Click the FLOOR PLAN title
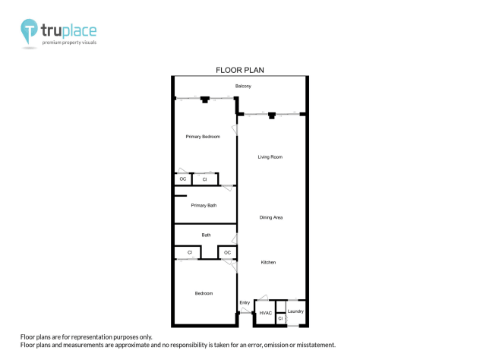click(x=239, y=70)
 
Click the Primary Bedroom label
click(x=203, y=137)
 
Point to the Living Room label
click(x=270, y=157)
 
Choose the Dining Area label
click(x=271, y=218)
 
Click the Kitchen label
click(x=269, y=262)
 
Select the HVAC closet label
click(x=265, y=312)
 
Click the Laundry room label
click(x=295, y=311)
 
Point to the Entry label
click(x=245, y=303)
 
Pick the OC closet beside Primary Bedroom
click(x=182, y=179)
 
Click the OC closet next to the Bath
click(x=227, y=252)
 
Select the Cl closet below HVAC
click(x=280, y=319)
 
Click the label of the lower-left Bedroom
click(x=204, y=293)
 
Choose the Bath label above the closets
click(x=206, y=235)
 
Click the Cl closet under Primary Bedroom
click(x=205, y=179)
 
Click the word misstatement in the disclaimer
click(x=311, y=345)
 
